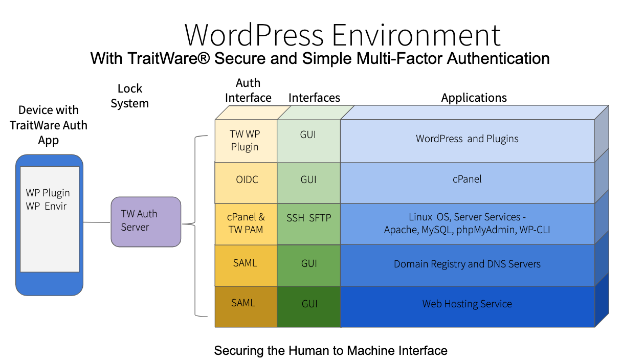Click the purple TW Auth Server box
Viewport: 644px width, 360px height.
coord(146,221)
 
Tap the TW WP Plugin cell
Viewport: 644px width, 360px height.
coord(246,141)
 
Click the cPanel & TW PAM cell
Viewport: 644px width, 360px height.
coord(246,224)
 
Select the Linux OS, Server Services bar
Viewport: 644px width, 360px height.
coord(467,224)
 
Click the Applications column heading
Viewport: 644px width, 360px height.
coord(474,98)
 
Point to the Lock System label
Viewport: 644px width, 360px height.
coord(130,96)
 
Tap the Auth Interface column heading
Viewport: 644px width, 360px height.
coord(248,90)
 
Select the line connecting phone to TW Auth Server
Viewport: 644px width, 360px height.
coord(97,222)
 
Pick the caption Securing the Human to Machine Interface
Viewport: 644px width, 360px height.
coord(330,351)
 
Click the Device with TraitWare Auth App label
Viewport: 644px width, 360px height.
coord(49,125)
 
